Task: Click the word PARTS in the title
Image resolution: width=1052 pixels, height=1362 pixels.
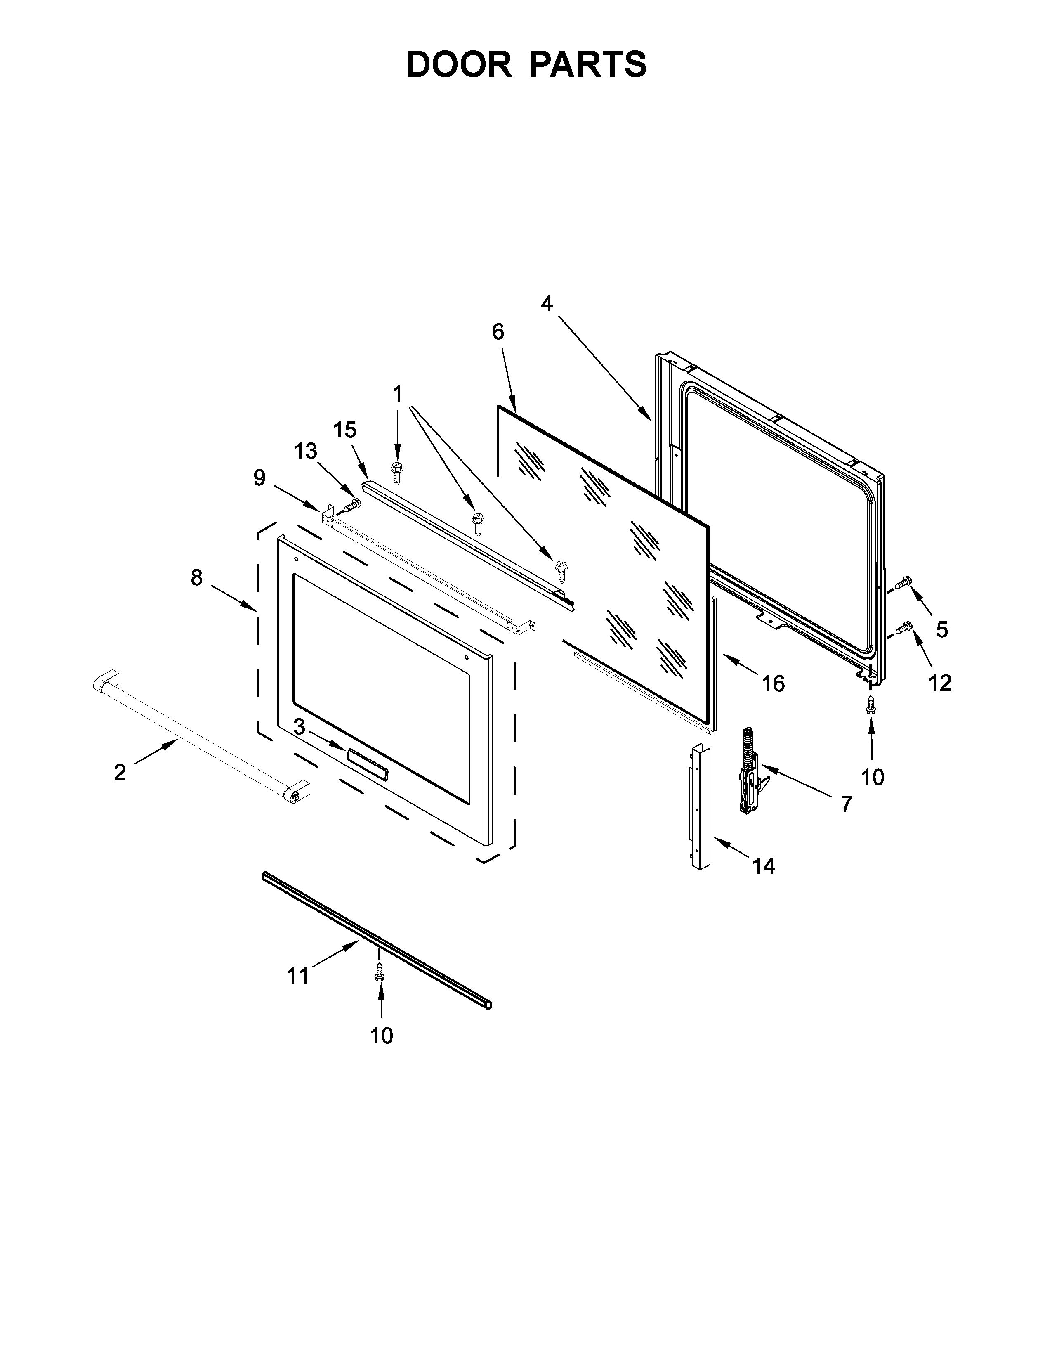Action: click(x=588, y=65)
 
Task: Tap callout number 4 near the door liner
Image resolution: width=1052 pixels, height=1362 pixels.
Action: click(x=547, y=304)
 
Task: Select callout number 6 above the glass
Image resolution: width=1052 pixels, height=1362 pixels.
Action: click(x=498, y=332)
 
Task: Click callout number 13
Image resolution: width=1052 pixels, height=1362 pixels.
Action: click(x=305, y=451)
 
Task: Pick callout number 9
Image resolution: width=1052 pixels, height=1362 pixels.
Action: click(x=259, y=478)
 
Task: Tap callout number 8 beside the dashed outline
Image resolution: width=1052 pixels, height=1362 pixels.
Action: click(x=196, y=578)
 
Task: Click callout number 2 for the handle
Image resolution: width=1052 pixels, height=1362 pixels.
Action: click(x=120, y=773)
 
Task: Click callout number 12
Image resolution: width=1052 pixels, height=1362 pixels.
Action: click(x=941, y=683)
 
